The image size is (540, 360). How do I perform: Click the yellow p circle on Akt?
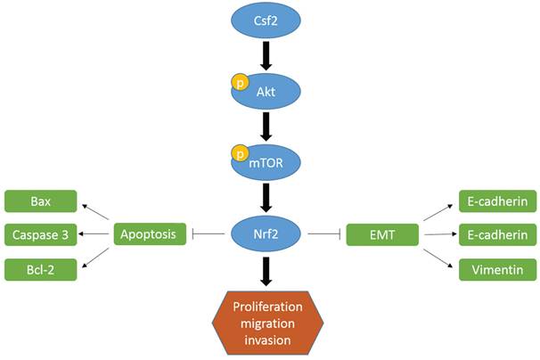coord(240,82)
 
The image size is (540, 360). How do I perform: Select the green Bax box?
coord(40,201)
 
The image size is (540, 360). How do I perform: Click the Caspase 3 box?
coord(40,235)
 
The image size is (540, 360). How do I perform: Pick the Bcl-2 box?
coord(40,268)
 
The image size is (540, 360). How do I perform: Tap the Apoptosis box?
coord(151,235)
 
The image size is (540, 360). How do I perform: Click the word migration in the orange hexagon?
coord(269,323)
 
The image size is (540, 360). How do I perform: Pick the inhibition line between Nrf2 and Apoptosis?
coord(209,235)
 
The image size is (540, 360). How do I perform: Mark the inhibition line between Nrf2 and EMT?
coord(326,235)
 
